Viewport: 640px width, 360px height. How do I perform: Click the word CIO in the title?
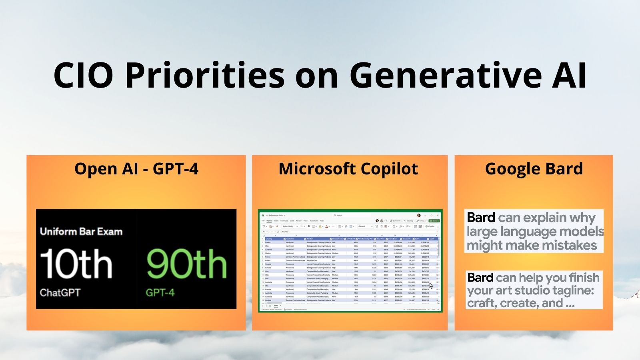83,75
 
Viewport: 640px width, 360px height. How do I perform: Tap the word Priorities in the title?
204,75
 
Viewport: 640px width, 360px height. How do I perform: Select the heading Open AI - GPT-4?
136,169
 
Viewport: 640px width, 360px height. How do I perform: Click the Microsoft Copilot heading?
348,169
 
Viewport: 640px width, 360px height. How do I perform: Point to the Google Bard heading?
534,169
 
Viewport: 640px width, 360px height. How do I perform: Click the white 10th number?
76,264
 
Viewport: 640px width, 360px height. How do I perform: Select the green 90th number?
186,264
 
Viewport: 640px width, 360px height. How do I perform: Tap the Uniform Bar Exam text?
81,232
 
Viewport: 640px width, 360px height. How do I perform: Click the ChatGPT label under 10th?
60,292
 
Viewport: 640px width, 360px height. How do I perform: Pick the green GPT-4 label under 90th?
160,292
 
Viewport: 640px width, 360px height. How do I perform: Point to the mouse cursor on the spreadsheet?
431,286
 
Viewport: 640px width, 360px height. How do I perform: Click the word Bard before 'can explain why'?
481,218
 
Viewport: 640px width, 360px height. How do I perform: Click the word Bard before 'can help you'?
480,278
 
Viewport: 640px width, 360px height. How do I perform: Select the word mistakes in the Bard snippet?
572,245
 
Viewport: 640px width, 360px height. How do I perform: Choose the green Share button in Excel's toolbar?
434,220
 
